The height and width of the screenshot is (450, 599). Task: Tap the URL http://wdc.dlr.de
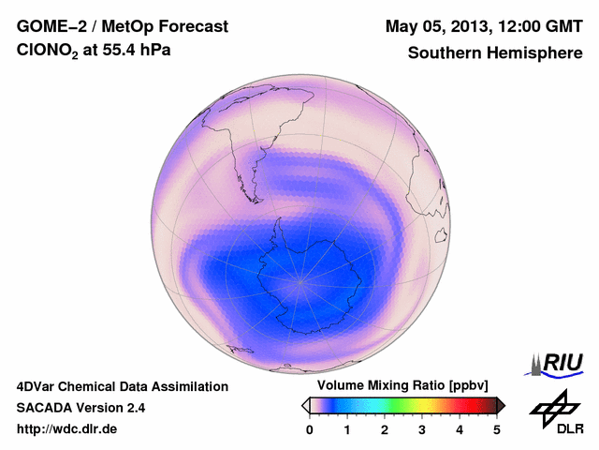click(x=67, y=429)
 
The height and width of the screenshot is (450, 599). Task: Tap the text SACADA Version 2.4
click(x=80, y=408)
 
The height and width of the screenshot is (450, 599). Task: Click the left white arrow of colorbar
click(x=305, y=405)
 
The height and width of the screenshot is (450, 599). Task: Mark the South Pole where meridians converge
click(x=300, y=279)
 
